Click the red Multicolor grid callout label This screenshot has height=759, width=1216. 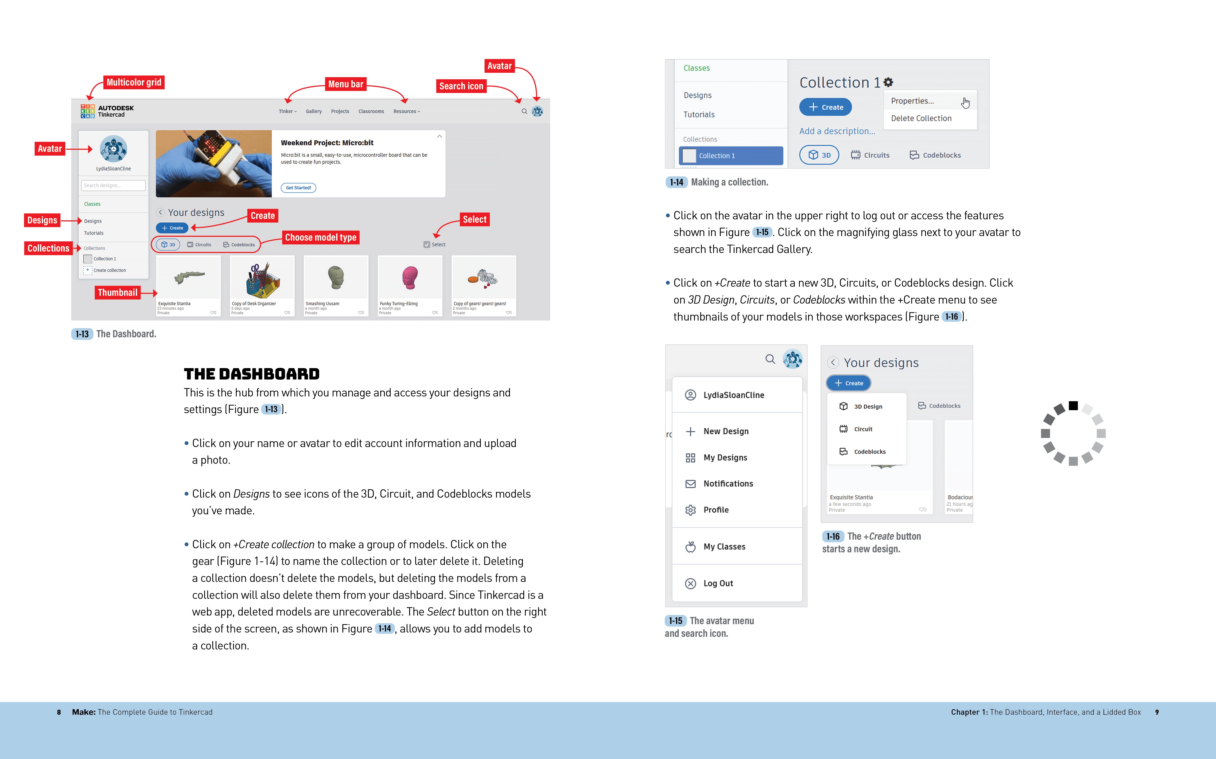click(134, 82)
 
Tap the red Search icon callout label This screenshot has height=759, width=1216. click(461, 86)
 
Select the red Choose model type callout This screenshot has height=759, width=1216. click(320, 237)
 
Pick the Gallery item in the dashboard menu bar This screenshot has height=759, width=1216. click(314, 111)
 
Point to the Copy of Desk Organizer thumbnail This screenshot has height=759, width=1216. click(262, 280)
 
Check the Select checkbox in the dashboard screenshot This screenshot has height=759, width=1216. click(427, 244)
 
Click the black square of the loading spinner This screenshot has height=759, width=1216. click(1073, 406)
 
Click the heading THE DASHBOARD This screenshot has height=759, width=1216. click(252, 374)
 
